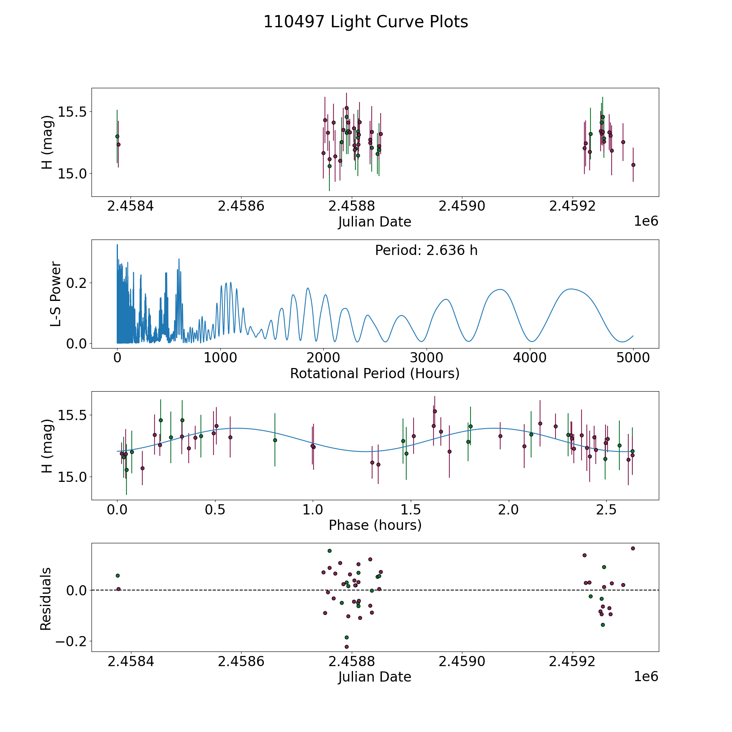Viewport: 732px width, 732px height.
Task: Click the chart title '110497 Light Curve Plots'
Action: pos(366,22)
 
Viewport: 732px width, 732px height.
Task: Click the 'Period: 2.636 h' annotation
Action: pos(426,251)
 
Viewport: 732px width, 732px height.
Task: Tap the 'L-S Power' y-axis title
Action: pos(56,294)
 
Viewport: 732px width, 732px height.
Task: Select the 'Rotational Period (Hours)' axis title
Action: pos(375,373)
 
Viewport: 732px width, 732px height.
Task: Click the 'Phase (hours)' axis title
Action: pos(375,525)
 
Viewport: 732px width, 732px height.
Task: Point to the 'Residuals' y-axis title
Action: pos(46,599)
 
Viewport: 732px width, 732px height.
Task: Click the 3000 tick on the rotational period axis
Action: pos(427,358)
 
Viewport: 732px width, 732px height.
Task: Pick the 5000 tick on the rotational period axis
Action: pos(633,358)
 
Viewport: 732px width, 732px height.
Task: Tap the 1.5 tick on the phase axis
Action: pos(411,510)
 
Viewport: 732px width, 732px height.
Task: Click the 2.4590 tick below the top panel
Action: pos(462,206)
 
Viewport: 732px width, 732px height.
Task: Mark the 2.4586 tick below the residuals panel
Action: pos(241,662)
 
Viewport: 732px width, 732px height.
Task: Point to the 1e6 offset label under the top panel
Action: pos(646,221)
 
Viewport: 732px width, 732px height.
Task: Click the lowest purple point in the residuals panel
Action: pos(346,647)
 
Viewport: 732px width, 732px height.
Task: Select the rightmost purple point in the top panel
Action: pos(633,165)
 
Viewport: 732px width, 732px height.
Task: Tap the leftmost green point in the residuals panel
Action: pos(118,575)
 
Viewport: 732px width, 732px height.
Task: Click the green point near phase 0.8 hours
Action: pos(275,440)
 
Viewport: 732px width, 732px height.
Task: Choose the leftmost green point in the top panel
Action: pos(117,136)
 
